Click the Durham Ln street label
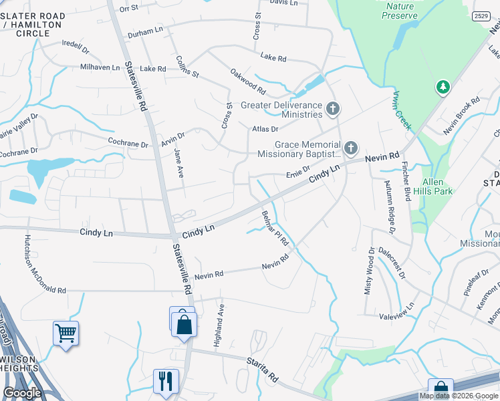point(145,31)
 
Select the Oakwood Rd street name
point(248,82)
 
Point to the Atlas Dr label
point(265,128)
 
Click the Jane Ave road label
point(178,162)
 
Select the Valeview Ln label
point(397,305)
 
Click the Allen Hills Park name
point(437,186)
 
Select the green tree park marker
point(443,87)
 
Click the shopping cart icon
point(66,332)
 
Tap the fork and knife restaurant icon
point(165,380)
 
